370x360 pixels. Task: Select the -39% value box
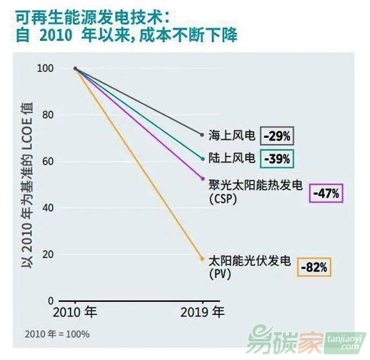[277, 158]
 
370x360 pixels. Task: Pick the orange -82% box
[314, 267]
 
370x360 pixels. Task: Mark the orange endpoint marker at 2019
[203, 259]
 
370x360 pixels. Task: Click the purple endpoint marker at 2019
[203, 178]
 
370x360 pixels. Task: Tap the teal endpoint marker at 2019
[203, 158]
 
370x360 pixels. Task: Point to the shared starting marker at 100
[76, 68]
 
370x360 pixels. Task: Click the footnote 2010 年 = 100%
[57, 334]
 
